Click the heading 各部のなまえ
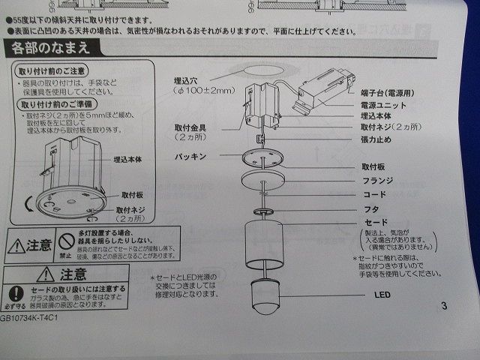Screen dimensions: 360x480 click(x=51, y=49)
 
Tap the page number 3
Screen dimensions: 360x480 click(x=445, y=305)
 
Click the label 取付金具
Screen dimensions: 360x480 click(x=190, y=129)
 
